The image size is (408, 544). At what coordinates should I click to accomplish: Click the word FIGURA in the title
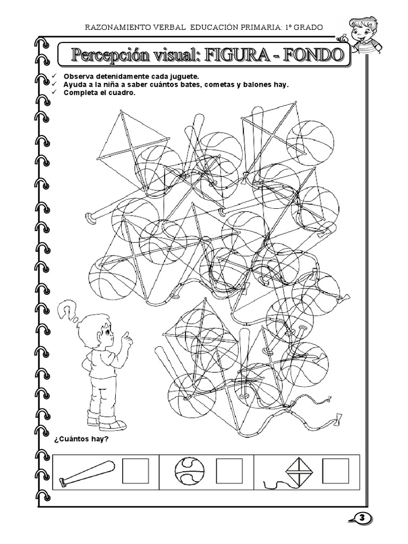(237, 55)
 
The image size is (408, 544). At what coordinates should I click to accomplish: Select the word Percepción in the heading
(108, 55)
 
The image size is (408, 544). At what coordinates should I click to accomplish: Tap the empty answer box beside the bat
(135, 471)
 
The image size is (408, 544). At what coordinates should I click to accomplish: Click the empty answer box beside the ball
(229, 471)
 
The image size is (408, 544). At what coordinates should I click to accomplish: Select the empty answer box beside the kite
(336, 471)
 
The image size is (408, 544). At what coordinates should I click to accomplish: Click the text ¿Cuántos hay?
(81, 439)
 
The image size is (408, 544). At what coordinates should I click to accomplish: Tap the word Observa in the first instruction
(79, 76)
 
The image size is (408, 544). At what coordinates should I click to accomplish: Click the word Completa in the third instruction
(80, 92)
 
